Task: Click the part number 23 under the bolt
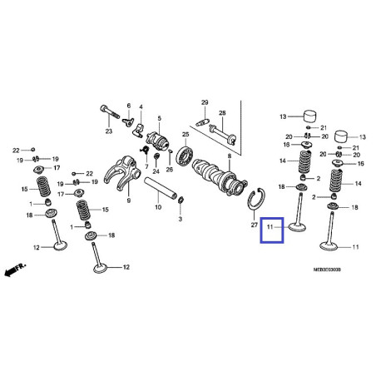(x=108, y=131)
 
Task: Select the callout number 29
(x=203, y=101)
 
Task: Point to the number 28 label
(x=222, y=112)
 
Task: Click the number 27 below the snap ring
(x=255, y=225)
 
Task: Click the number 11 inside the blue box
(x=270, y=225)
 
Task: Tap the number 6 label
(x=129, y=106)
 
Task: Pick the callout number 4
(x=141, y=106)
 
